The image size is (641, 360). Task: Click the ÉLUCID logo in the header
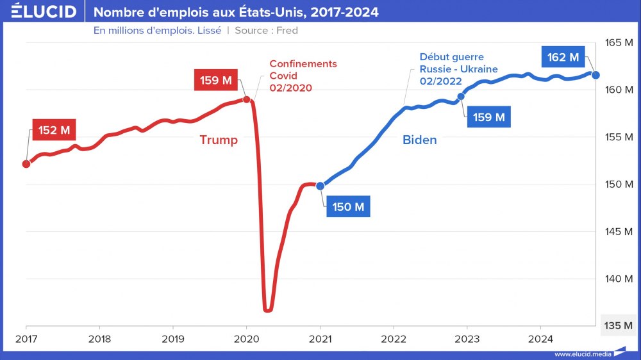(x=44, y=12)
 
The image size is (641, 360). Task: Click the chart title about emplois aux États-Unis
(x=236, y=12)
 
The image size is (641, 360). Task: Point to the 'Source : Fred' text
(x=266, y=30)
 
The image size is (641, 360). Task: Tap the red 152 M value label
(x=54, y=130)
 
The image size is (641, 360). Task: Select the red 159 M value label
(x=216, y=81)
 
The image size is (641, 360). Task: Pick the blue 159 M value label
(x=489, y=117)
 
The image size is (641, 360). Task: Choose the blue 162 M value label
(x=563, y=57)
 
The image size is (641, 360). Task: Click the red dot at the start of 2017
(x=26, y=164)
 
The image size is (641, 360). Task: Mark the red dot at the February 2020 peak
(x=247, y=99)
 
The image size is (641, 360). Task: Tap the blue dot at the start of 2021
(x=320, y=186)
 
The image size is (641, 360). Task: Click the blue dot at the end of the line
(x=595, y=75)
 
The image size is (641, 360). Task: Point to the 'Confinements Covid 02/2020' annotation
(x=303, y=76)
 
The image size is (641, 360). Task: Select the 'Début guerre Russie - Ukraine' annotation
(x=458, y=69)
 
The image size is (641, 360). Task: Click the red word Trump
(x=219, y=140)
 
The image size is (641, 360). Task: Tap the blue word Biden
(x=419, y=140)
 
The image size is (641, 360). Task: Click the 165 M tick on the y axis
(x=619, y=42)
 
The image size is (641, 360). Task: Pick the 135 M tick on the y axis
(x=619, y=325)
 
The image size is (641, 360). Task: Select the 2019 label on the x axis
(x=172, y=339)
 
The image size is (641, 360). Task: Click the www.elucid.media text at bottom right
(x=582, y=354)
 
